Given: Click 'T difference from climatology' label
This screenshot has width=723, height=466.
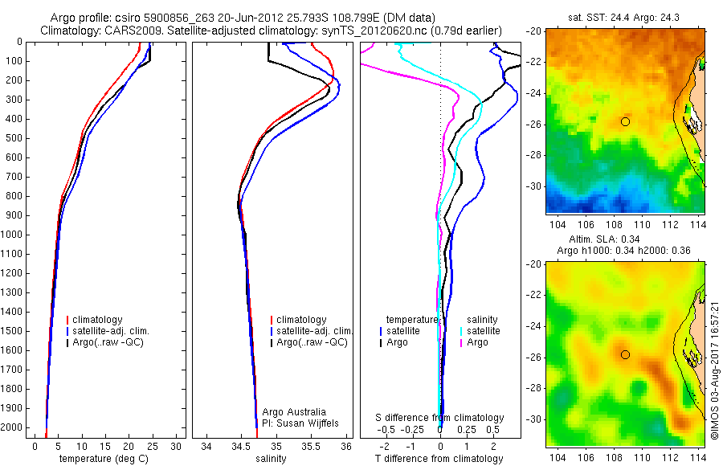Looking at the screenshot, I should tap(439, 459).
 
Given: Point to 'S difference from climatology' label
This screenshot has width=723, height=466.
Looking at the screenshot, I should tap(439, 418).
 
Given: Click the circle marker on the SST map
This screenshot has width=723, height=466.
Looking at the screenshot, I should tap(625, 121).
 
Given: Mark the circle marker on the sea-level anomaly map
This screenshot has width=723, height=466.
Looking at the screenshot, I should tap(625, 354).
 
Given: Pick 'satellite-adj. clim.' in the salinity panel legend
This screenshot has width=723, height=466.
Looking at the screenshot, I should tap(315, 331).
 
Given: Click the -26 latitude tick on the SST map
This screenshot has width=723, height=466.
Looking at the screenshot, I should tap(533, 124).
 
